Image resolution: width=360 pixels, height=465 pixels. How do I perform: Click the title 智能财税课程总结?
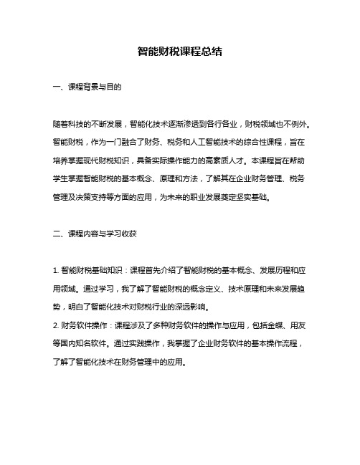tap(179, 52)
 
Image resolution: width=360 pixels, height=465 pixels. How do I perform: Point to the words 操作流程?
tap(285, 342)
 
